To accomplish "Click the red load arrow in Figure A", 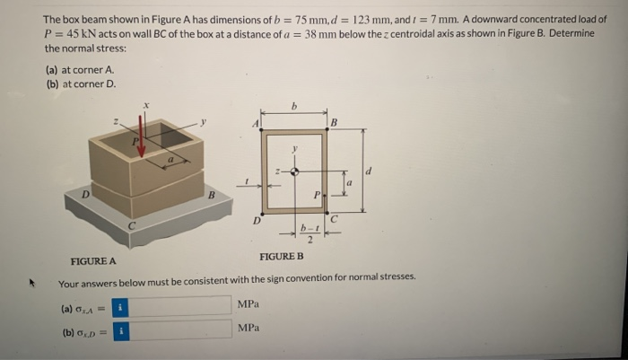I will pos(141,145).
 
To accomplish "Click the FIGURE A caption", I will pos(92,262).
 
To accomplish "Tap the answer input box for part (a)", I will pos(184,305).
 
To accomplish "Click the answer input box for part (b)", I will pos(184,329).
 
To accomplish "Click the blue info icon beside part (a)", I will pos(126,306).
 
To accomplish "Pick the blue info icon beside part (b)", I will pos(126,330).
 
